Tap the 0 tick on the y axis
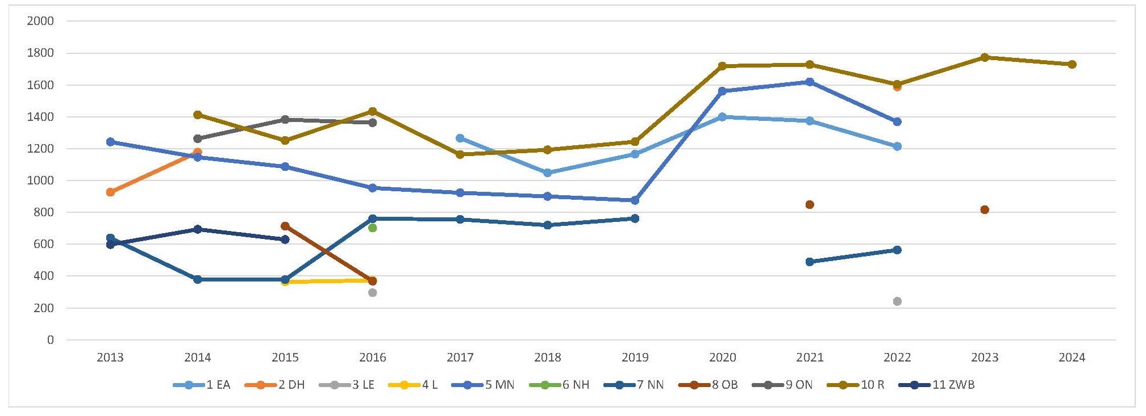[x=51, y=340]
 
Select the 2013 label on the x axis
[x=110, y=358]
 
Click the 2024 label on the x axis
[x=1072, y=358]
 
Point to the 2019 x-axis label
[x=635, y=358]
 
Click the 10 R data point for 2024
[x=1072, y=65]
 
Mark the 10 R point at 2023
[x=985, y=57]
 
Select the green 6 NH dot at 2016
[x=373, y=228]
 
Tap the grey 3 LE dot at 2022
[x=897, y=301]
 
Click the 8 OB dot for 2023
[x=985, y=210]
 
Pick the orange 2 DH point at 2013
[x=110, y=192]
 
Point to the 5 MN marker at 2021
[x=810, y=82]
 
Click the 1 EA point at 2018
[x=548, y=173]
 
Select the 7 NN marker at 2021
[x=810, y=262]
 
